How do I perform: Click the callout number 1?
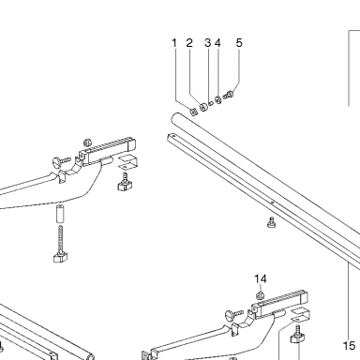click(x=174, y=43)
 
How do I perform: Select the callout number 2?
click(x=189, y=43)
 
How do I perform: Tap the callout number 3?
click(x=208, y=43)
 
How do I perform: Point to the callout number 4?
click(x=217, y=43)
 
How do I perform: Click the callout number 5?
click(x=239, y=43)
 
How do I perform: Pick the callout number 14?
click(x=261, y=278)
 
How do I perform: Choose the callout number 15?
click(x=350, y=346)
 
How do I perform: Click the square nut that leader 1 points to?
click(x=194, y=112)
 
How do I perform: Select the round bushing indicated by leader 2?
click(x=203, y=107)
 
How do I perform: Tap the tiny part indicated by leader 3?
click(x=211, y=103)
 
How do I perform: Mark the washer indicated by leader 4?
click(x=218, y=100)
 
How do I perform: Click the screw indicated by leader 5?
click(x=229, y=94)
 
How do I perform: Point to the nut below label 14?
click(x=260, y=294)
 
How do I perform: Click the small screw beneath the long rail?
click(x=271, y=222)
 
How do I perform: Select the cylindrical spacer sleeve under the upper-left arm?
click(x=60, y=214)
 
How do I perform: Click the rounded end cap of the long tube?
click(x=175, y=118)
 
